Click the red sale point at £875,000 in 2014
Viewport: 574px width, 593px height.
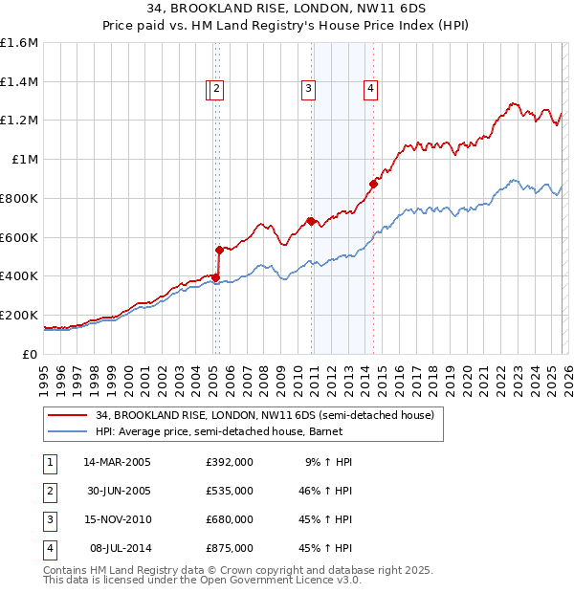(x=373, y=184)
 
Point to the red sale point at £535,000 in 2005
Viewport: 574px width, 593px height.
(x=220, y=250)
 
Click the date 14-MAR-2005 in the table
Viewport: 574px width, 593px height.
(x=117, y=462)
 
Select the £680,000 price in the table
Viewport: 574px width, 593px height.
(x=229, y=519)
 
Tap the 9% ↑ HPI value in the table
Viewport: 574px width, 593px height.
(x=328, y=462)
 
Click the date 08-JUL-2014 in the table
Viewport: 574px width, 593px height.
(x=117, y=548)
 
